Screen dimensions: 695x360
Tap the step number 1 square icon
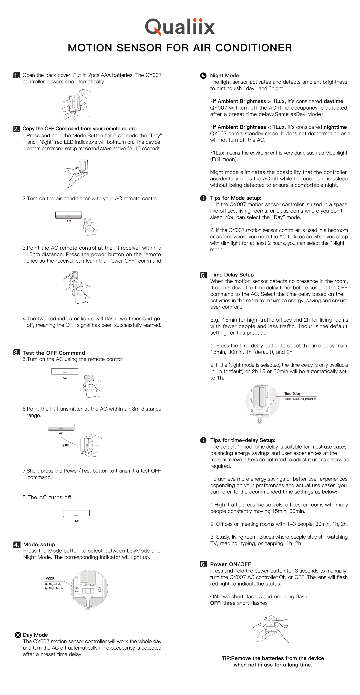pos(16,75)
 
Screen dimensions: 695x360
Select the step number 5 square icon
pos(203,275)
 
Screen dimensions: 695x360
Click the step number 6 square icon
pos(203,564)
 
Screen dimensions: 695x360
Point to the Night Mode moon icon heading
pos(203,76)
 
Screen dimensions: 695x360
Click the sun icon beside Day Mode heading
pos(18,635)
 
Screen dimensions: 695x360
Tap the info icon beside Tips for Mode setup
pos(203,198)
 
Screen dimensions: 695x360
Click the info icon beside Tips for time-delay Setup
pos(203,440)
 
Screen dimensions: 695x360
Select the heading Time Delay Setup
pos(232,275)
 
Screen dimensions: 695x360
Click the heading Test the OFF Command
pos(54,353)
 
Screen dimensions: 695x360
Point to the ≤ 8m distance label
pos(66,445)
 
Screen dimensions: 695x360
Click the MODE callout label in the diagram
pos(50,579)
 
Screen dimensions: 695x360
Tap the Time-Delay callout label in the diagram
pos(292,394)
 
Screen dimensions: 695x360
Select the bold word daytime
pos(333,101)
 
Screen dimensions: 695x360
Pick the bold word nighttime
pos(335,127)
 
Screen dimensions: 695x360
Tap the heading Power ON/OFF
pos(230,564)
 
